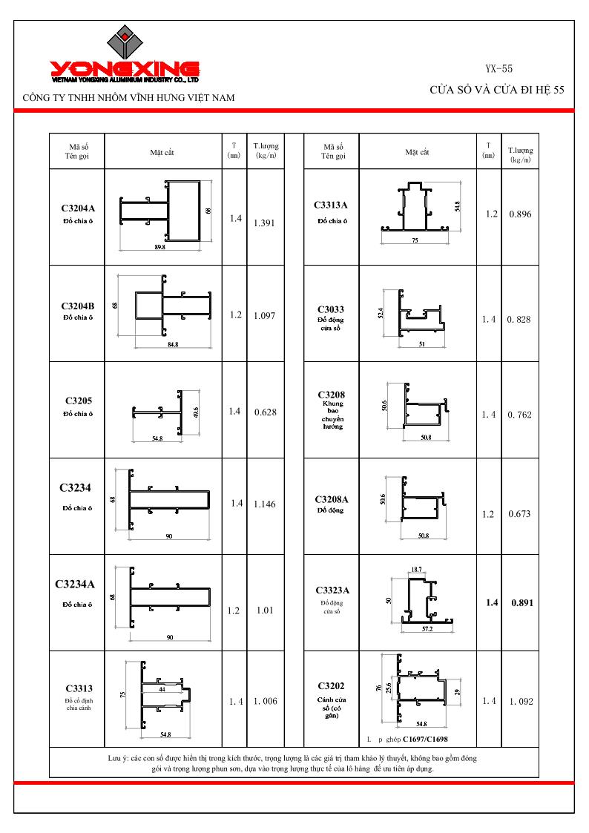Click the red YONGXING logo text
[125, 68]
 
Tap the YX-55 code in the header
[498, 68]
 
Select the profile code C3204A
[78, 208]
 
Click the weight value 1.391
[264, 223]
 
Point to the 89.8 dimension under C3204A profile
[160, 247]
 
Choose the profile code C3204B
[78, 306]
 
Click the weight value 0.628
[265, 412]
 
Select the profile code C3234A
[75, 585]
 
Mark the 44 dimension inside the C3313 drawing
[162, 689]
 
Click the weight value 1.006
[265, 701]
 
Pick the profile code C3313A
[331, 205]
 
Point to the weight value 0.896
[520, 214]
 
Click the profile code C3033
[331, 309]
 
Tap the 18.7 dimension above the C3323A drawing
[416, 570]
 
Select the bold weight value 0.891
[522, 602]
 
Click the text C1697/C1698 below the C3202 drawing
[425, 739]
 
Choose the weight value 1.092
[521, 701]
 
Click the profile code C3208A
[332, 499]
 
